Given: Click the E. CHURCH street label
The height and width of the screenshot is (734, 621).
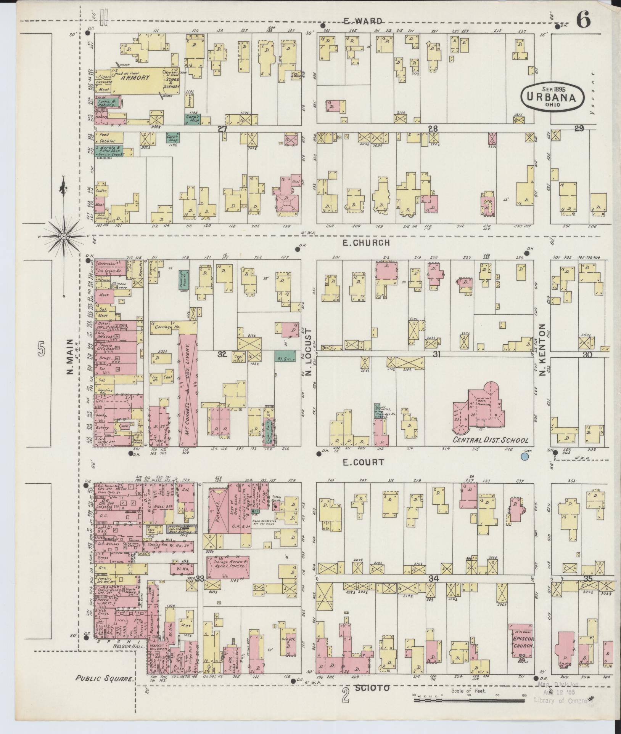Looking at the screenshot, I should pos(366,243).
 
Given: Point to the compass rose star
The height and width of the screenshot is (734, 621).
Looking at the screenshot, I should pos(64,237).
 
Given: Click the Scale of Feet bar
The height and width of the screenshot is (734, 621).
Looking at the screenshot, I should pos(469,700).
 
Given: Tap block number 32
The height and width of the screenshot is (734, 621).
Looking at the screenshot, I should pos(222,354).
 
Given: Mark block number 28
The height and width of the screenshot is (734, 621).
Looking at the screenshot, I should pos(433,129).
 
